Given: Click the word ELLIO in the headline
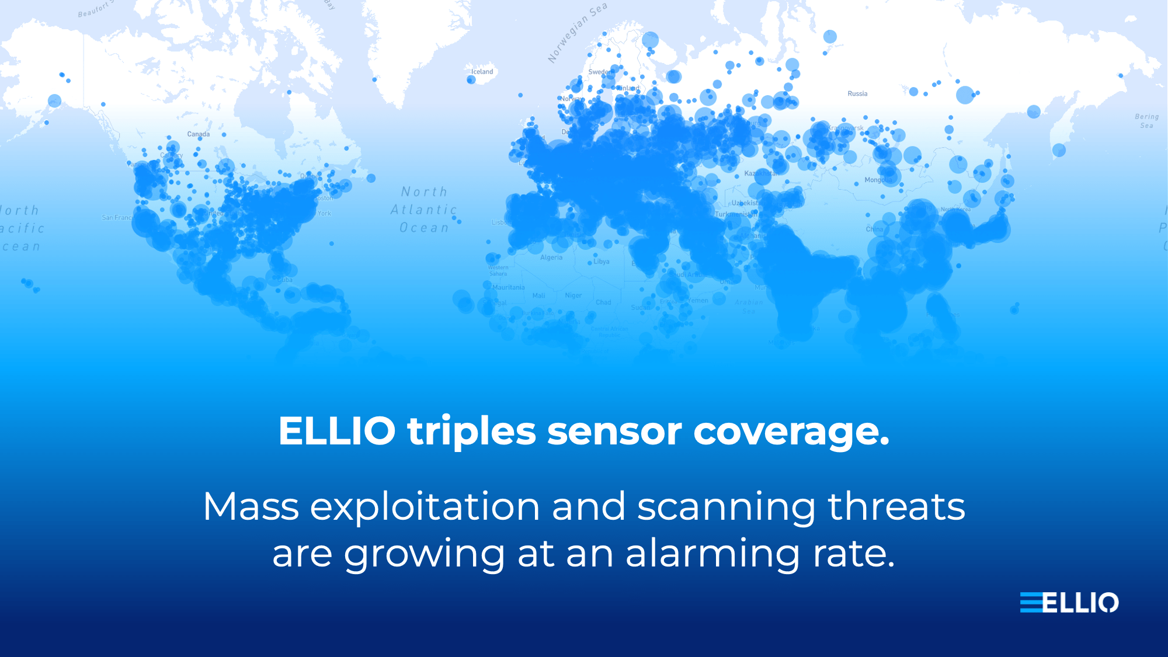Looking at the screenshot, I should tap(337, 432).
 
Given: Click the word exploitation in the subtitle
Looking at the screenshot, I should tap(425, 507).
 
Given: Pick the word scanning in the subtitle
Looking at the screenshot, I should tap(726, 507).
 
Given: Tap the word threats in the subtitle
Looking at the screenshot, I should tap(896, 506).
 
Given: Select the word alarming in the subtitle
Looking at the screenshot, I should tap(713, 554).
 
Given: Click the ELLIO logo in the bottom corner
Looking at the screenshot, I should tap(1069, 603).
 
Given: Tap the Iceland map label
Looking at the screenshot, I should tap(482, 72).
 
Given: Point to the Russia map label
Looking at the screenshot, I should tap(857, 93).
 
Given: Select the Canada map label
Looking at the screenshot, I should tap(199, 134).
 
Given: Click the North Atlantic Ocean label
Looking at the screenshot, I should tap(425, 210).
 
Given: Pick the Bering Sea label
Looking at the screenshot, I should tap(1147, 121).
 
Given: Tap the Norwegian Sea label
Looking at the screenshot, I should tap(577, 32).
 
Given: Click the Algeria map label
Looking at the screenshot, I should tap(551, 258).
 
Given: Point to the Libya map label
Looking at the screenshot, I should tap(602, 262).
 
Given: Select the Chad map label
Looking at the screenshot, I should tap(603, 303).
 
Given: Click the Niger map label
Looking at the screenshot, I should tap(573, 296).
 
